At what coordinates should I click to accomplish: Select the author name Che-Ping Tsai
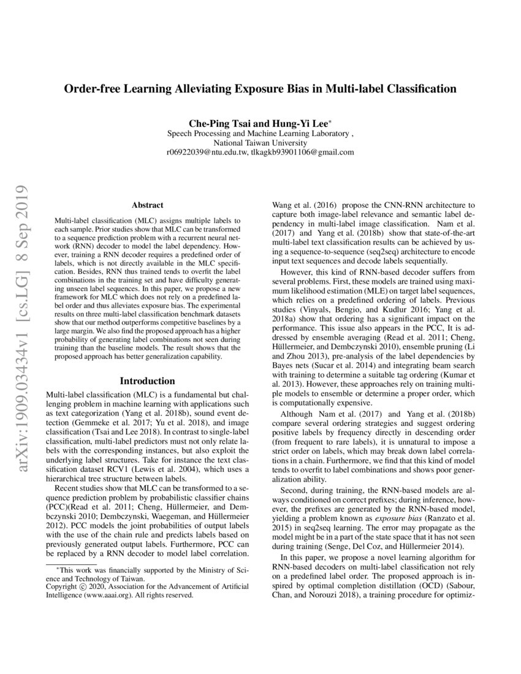coord(216,123)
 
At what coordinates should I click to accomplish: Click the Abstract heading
coord(147,205)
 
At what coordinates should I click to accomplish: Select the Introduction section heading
coord(147,381)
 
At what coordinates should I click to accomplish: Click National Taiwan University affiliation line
coord(260,142)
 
